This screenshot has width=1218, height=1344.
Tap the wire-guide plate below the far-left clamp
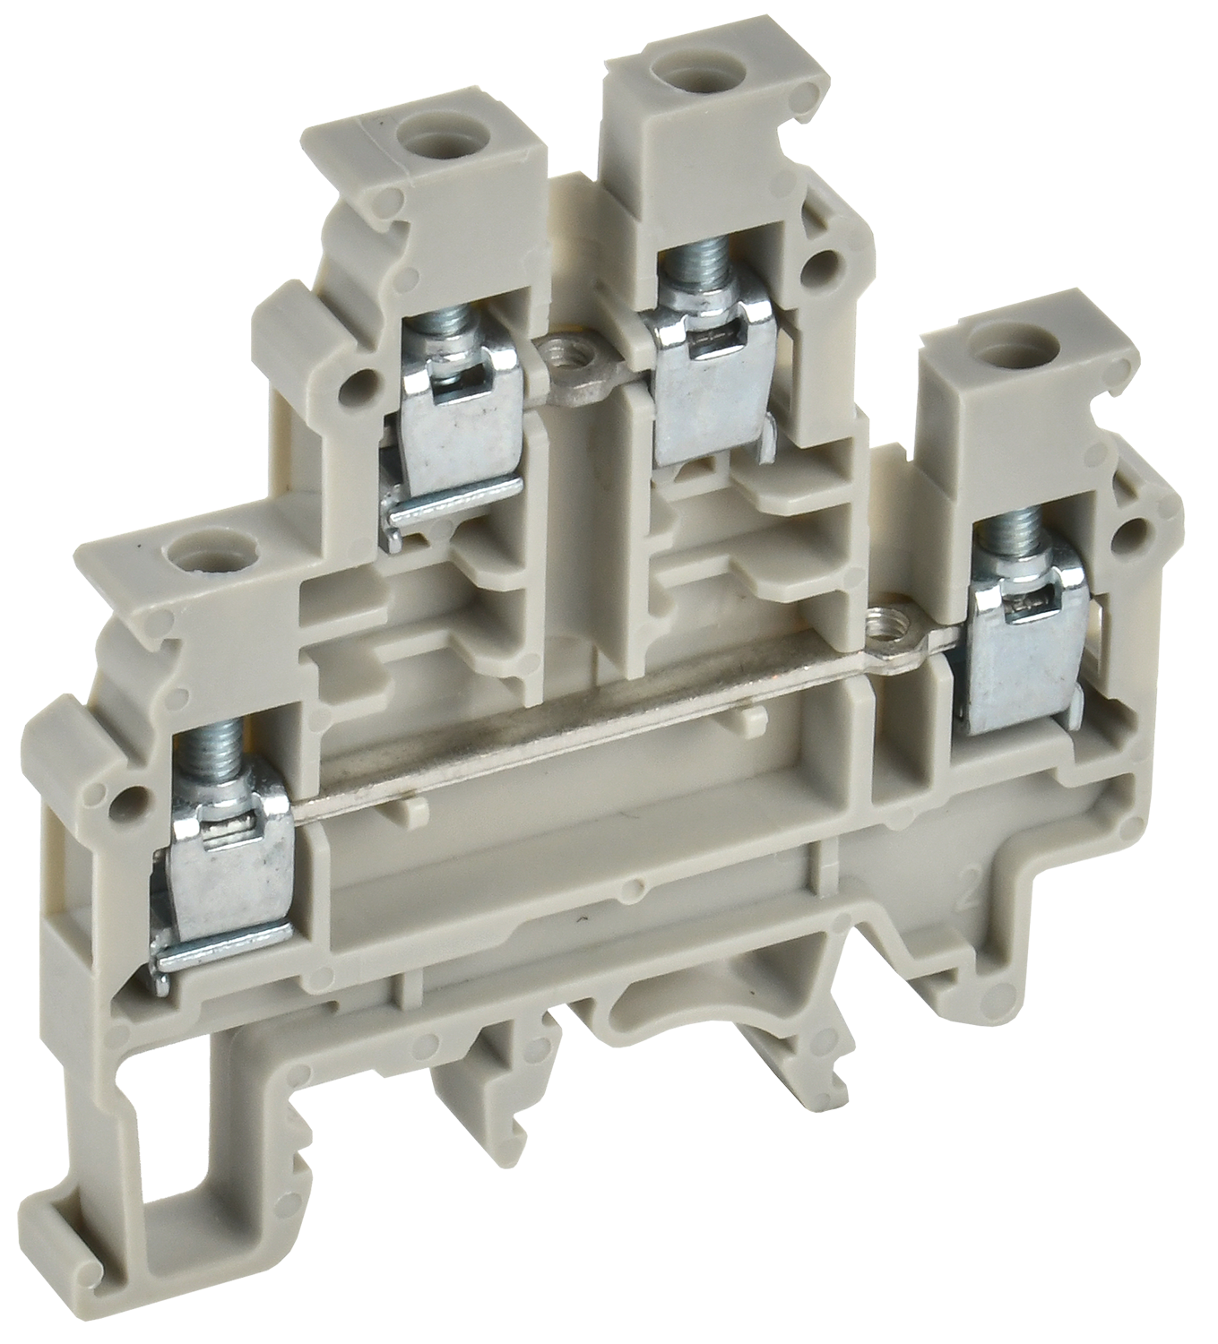pos(224,952)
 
